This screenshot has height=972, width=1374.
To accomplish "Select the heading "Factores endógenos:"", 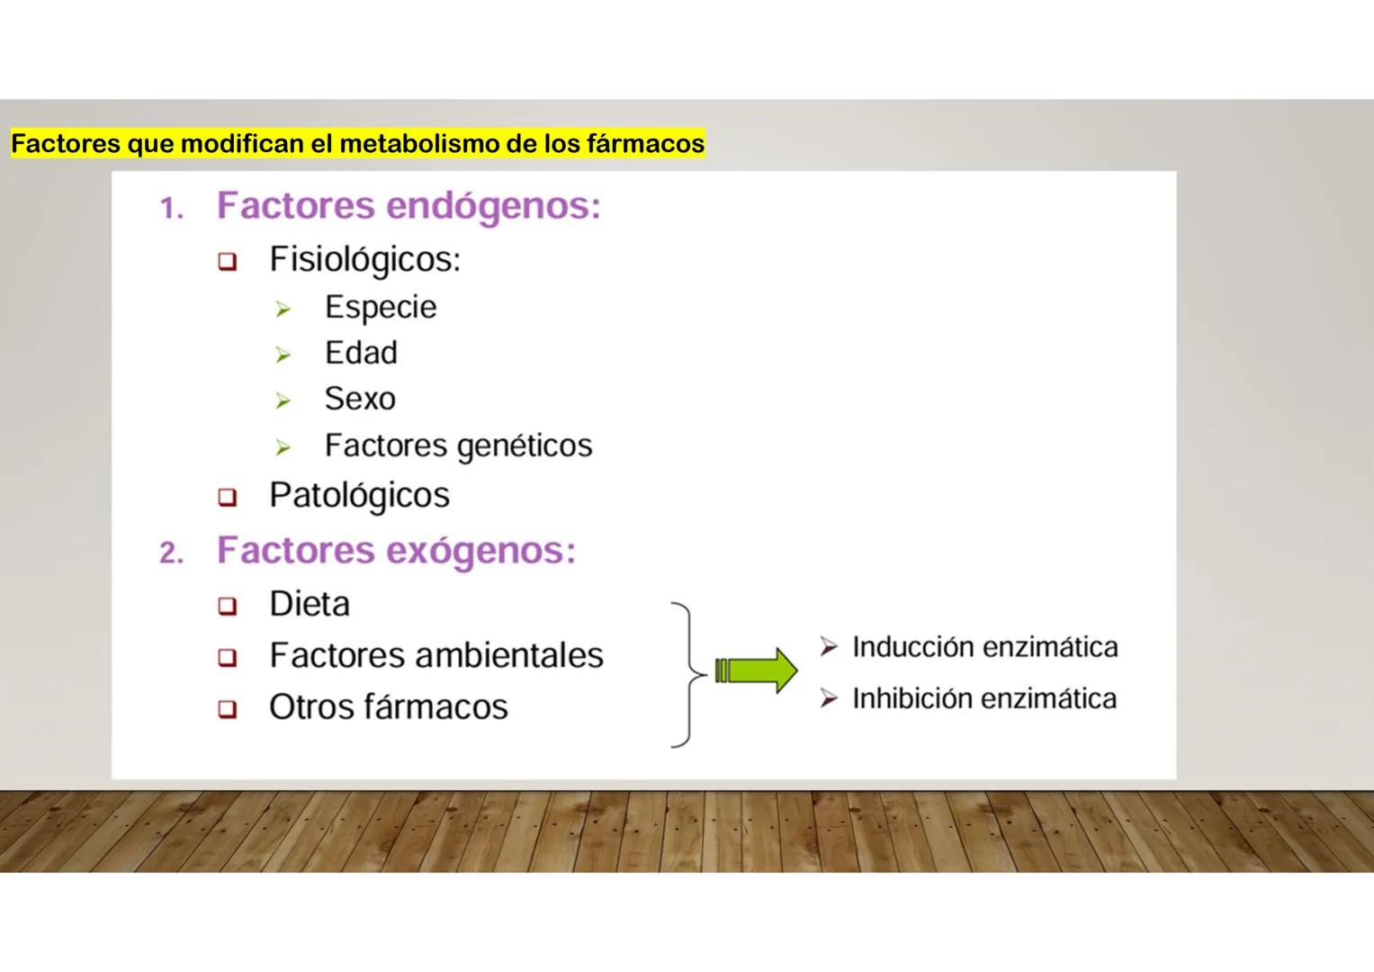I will point(409,206).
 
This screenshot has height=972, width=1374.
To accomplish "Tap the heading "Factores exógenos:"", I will point(396,551).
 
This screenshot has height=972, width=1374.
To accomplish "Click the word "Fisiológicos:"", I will point(364,260).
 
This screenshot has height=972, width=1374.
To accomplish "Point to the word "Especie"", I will point(381,308).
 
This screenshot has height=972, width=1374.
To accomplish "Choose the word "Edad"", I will point(361,353).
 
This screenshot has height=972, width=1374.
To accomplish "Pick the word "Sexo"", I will point(360,399).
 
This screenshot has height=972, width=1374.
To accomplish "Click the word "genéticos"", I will point(525,446).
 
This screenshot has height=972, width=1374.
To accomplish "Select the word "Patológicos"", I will point(359,495).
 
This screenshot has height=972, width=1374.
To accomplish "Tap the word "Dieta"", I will point(310,604).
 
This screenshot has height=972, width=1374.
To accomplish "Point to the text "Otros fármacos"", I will point(388,707).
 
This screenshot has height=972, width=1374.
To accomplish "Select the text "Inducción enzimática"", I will point(984,647).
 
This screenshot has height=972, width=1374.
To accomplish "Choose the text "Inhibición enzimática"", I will point(983,698).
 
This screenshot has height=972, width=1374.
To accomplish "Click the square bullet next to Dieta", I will point(227,606).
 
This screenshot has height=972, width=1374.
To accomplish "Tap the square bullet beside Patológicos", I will point(227,497).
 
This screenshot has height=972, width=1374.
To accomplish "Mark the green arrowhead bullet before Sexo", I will point(283,400).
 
